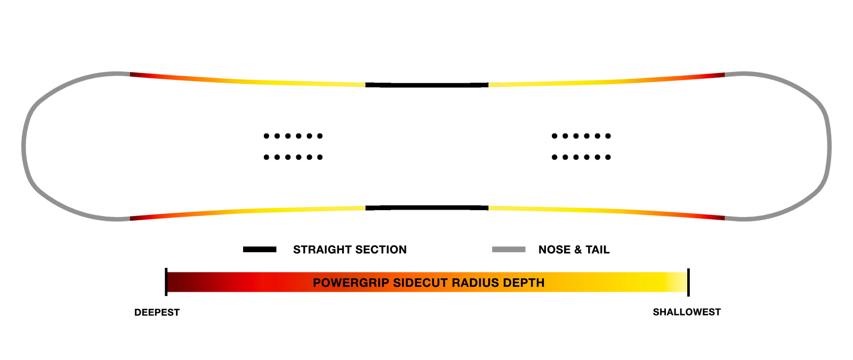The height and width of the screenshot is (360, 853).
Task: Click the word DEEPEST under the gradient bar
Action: click(157, 313)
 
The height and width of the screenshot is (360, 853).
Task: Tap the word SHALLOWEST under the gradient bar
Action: click(687, 312)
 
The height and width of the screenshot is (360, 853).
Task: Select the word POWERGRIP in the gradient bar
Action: click(351, 283)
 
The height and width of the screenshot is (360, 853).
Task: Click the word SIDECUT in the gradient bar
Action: click(420, 283)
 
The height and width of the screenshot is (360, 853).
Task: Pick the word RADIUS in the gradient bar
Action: click(475, 283)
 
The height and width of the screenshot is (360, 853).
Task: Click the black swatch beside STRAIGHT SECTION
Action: click(260, 250)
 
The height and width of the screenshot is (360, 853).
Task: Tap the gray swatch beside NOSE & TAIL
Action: click(509, 250)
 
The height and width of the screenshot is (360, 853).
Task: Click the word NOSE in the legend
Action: click(554, 250)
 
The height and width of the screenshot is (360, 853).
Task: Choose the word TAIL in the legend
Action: click(598, 250)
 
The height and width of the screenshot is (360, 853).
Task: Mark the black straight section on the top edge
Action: click(427, 85)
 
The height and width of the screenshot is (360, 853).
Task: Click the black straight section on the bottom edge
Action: click(427, 208)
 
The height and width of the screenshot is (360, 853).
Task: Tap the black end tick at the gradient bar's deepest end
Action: click(166, 282)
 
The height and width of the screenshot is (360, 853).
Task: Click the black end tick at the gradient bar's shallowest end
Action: click(688, 282)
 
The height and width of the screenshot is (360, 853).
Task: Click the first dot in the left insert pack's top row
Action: click(266, 136)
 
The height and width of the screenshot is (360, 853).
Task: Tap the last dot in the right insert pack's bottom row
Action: click(608, 157)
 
